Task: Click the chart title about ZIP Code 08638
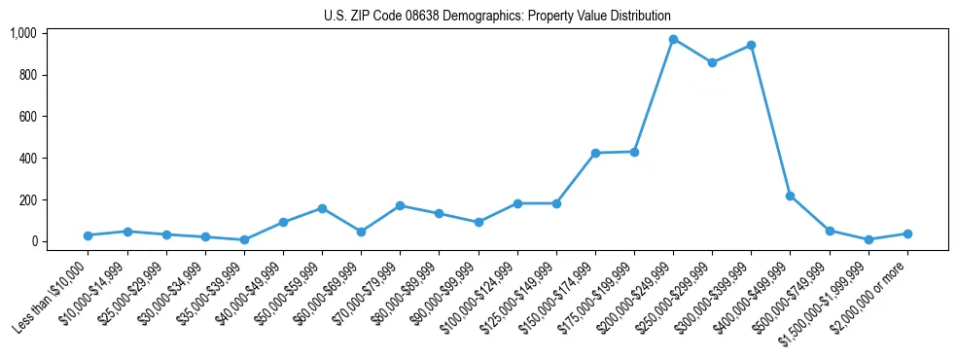point(497,16)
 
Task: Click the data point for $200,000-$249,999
point(673,40)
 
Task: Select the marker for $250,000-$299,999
point(712,62)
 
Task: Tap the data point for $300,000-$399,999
point(751,46)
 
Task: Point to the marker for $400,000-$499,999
point(790,197)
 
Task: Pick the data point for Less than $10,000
point(89,235)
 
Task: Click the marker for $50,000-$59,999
point(322,208)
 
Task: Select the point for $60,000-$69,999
point(361,232)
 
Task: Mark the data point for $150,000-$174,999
point(595,153)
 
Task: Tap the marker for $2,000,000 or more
point(907,234)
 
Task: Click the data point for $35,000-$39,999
point(244,239)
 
